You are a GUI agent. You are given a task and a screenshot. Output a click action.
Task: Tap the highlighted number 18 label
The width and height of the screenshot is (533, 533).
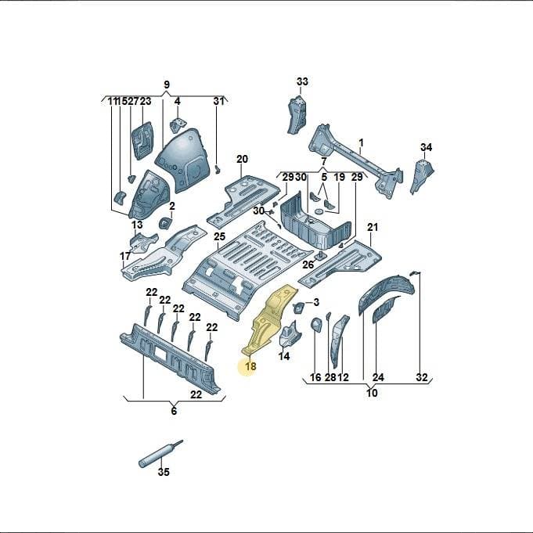pyautogui.click(x=250, y=366)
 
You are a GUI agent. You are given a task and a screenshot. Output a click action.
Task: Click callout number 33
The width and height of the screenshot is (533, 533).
pyautogui.click(x=302, y=81)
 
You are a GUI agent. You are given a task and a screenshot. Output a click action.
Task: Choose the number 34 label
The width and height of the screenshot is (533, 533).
pyautogui.click(x=426, y=147)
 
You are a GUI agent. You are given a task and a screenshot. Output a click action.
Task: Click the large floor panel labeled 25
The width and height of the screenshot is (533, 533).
pyautogui.click(x=247, y=268)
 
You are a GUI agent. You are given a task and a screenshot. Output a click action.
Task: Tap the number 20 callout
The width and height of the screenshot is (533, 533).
pyautogui.click(x=243, y=159)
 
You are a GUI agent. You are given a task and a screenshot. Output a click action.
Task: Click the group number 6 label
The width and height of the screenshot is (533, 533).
pyautogui.click(x=174, y=411)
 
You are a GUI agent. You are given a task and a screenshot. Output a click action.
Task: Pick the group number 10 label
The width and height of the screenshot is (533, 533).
pyautogui.click(x=373, y=393)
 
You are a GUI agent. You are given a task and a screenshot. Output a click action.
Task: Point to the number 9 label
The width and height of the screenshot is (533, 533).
pyautogui.click(x=167, y=85)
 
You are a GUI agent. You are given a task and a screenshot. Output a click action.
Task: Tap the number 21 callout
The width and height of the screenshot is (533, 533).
pyautogui.click(x=373, y=227)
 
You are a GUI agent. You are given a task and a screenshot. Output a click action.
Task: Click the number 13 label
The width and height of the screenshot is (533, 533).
pyautogui.click(x=137, y=225)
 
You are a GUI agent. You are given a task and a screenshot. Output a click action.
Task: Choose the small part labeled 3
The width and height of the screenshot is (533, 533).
pyautogui.click(x=298, y=308)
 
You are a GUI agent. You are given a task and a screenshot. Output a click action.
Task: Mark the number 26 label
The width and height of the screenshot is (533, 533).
pyautogui.click(x=308, y=265)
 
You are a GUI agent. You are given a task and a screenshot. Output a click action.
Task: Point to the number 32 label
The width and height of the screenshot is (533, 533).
pyautogui.click(x=422, y=377)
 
